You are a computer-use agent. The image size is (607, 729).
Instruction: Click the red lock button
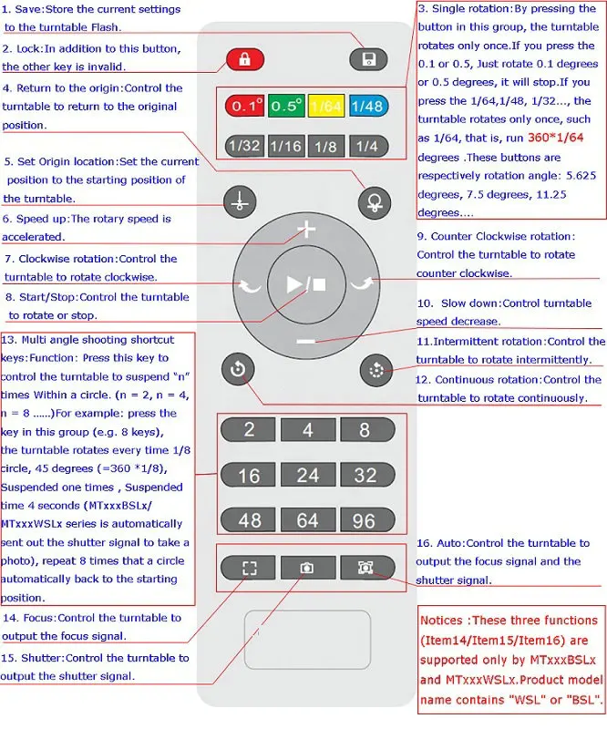coord(244,60)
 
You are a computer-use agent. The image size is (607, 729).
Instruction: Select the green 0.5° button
coord(286,107)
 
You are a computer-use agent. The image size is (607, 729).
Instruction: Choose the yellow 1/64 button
coord(325,107)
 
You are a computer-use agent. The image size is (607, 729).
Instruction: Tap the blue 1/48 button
coord(366,107)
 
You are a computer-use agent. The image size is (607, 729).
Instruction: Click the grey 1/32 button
coord(245,147)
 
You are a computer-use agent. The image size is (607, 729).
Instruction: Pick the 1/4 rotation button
coord(366,147)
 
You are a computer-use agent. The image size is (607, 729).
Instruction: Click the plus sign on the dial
coord(306,230)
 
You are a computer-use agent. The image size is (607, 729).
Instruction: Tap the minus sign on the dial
coord(306,342)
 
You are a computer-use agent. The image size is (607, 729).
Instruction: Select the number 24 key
coord(307,475)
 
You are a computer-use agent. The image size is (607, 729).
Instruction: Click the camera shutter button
coord(307,568)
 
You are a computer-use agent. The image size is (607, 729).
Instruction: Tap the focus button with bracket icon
coord(250,568)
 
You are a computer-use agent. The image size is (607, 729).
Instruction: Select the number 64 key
coord(307,520)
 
